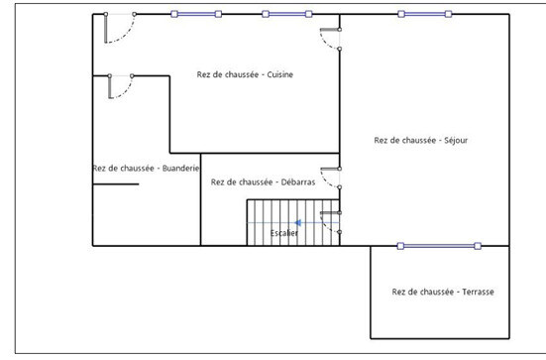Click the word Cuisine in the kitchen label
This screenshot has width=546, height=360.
click(280, 74)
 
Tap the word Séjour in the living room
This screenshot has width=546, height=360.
click(456, 140)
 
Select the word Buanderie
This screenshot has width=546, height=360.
click(180, 169)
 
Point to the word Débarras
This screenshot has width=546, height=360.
click(298, 181)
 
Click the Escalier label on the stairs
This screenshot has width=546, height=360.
click(284, 233)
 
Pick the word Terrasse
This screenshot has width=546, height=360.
click(478, 292)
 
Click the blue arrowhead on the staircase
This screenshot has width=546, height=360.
click(297, 223)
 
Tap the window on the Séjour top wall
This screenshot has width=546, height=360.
click(425, 14)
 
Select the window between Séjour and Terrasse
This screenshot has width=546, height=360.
click(439, 246)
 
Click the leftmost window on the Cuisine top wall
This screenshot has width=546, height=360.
click(196, 14)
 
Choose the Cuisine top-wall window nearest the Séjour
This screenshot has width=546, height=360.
click(287, 14)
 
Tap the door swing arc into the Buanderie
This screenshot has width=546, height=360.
click(126, 91)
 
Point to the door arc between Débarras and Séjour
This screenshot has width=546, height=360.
click(325, 181)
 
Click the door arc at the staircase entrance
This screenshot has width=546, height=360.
click(325, 226)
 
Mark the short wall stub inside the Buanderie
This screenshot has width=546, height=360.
click(116, 184)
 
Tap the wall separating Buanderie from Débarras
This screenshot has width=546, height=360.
click(200, 199)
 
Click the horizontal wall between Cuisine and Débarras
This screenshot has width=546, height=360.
click(255, 153)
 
